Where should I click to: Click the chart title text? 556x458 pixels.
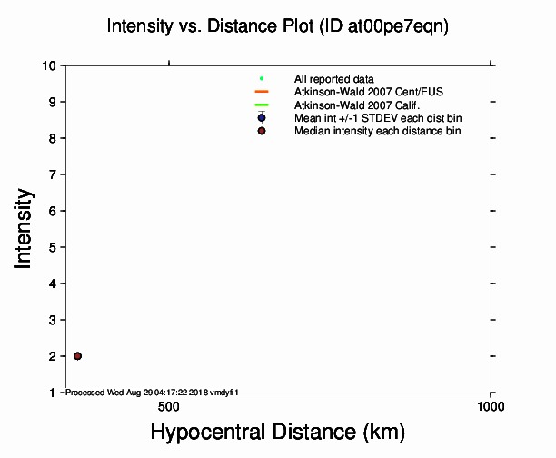pyautogui.click(x=278, y=26)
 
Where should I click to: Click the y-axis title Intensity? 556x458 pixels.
pyautogui.click(x=25, y=228)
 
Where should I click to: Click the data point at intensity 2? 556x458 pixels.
pyautogui.click(x=77, y=356)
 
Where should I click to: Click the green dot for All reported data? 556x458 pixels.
pyautogui.click(x=262, y=79)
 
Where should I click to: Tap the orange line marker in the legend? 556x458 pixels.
pyautogui.click(x=262, y=93)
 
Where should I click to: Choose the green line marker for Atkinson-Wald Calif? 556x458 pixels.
pyautogui.click(x=262, y=105)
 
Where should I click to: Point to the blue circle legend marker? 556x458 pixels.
pyautogui.click(x=262, y=118)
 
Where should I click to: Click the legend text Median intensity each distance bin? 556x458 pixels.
pyautogui.click(x=377, y=132)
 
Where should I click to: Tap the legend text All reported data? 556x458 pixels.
pyautogui.click(x=334, y=79)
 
